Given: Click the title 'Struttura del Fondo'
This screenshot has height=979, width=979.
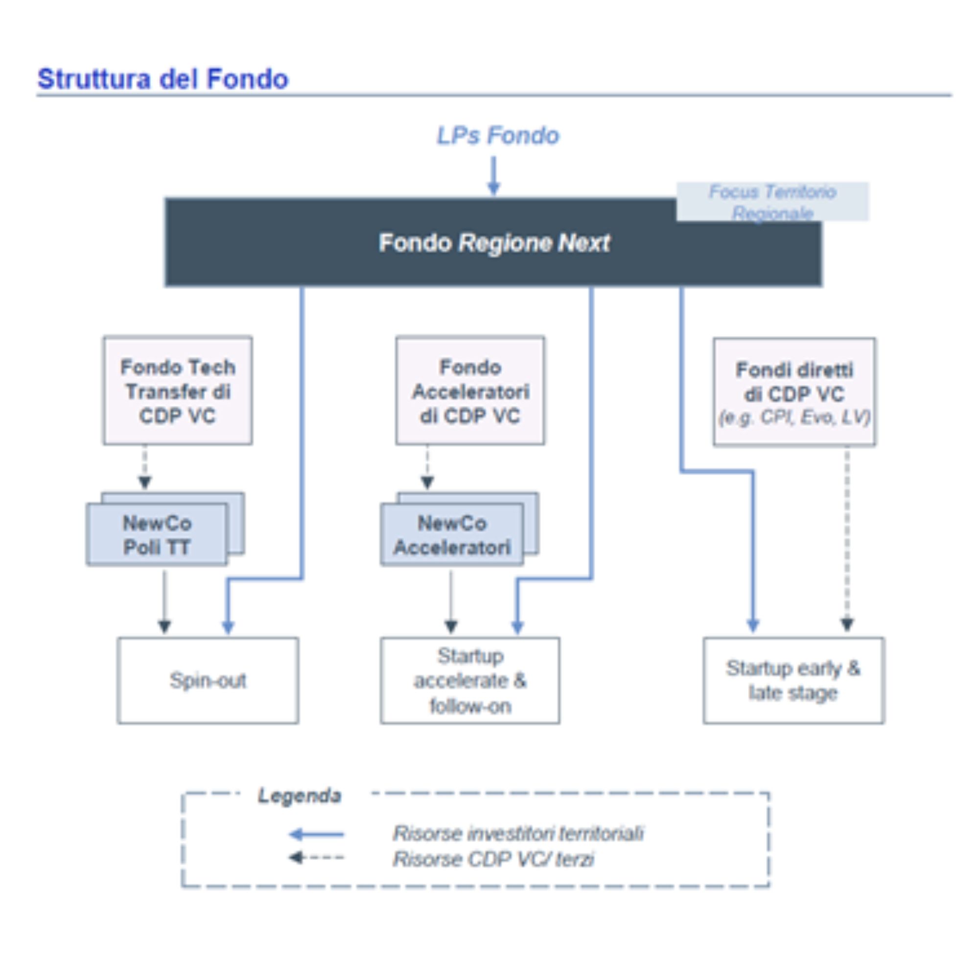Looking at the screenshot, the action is click(163, 79).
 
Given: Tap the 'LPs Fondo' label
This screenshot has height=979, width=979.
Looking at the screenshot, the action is click(498, 136).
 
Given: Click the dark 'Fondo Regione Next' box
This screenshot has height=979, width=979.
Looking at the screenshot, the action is click(493, 242).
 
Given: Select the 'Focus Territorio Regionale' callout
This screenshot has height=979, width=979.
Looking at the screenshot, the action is click(772, 202).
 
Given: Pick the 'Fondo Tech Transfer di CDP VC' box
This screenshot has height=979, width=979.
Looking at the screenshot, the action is click(178, 391).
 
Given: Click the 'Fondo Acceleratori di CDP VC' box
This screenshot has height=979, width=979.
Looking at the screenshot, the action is click(470, 391).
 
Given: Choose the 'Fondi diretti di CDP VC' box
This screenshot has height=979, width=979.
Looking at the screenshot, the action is click(794, 392).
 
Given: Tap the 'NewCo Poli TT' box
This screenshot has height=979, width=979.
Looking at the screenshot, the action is click(157, 534).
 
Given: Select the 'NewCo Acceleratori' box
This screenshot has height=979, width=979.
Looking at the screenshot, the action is click(452, 534).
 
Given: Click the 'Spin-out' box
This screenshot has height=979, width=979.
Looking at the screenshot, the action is click(208, 680).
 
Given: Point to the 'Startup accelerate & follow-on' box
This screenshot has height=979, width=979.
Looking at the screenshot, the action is click(470, 680).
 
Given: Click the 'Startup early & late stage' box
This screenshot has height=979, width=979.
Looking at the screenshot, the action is click(794, 680).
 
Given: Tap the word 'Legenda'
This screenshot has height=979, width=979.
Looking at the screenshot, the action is click(300, 795).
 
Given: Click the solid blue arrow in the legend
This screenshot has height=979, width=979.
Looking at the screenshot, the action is click(316, 834).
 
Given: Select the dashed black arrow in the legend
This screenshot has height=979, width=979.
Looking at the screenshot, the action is click(316, 858).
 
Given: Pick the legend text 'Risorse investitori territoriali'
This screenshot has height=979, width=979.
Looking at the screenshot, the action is click(518, 834).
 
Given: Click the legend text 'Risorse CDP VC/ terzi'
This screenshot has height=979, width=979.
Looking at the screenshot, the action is click(493, 859).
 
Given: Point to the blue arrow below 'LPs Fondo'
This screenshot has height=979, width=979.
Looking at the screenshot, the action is click(493, 176).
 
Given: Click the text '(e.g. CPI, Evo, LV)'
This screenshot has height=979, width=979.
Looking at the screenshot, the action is click(794, 418).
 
